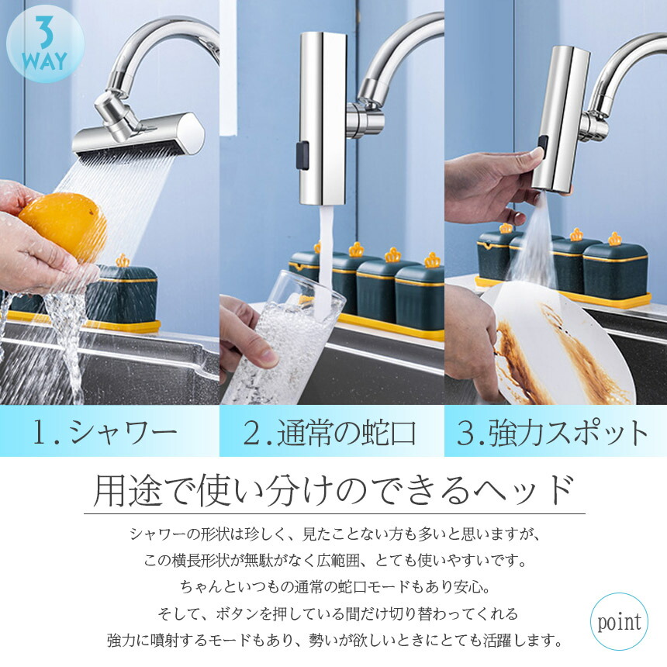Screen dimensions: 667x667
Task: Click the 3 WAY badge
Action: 45,43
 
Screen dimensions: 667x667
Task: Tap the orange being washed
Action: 63,226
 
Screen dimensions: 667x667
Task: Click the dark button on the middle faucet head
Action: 302,156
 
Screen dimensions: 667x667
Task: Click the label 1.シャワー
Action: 105,432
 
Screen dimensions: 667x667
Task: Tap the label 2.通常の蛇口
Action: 330,432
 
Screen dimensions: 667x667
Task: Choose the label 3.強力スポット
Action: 552,432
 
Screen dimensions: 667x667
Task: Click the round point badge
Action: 619,621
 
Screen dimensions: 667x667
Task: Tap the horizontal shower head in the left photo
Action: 138,137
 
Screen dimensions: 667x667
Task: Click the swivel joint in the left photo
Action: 115,115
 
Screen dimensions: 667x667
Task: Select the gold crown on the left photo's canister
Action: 123,261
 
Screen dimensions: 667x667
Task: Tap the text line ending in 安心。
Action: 334,587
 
